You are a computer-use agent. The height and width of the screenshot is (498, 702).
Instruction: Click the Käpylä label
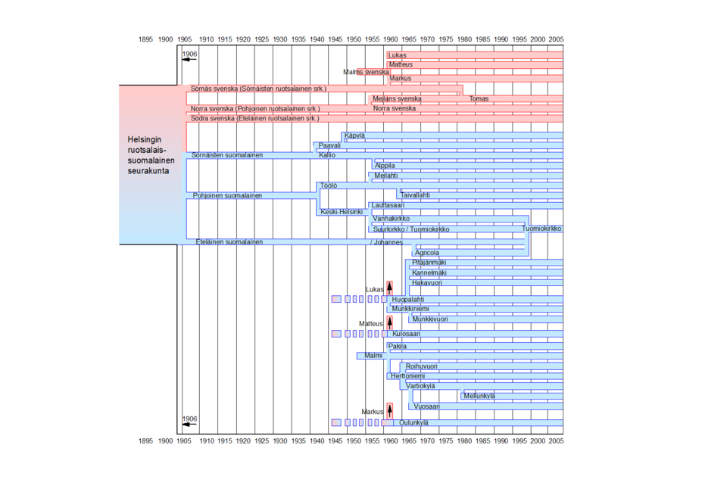point(354,135)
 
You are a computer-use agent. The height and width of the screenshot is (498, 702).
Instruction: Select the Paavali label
point(329,145)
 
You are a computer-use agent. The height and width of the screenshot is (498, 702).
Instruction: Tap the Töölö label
point(329,185)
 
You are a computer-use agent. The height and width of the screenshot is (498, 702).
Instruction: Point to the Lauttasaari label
point(388,205)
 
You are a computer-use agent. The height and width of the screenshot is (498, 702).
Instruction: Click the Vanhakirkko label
point(392,219)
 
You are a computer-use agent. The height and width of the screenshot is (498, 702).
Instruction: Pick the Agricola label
point(427,253)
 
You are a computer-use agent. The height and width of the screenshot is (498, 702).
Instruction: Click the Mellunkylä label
point(479,396)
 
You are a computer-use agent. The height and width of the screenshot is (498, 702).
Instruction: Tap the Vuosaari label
point(427,407)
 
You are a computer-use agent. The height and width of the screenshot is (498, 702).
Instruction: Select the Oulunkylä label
point(413,423)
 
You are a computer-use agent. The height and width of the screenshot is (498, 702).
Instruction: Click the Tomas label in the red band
point(479,99)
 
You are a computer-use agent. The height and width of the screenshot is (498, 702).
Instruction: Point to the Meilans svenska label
point(397,99)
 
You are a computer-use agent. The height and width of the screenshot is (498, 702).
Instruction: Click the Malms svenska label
point(366,72)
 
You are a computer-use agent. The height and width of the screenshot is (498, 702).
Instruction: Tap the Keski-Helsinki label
point(342,212)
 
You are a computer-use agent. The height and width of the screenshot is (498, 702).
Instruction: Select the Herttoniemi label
point(407,376)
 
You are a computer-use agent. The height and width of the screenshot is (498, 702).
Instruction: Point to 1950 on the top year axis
point(354,39)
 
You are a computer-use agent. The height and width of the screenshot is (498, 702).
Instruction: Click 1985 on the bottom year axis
point(482,440)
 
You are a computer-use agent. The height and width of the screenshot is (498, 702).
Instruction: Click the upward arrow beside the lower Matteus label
point(389,322)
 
